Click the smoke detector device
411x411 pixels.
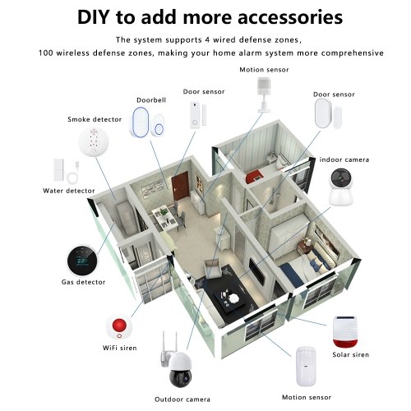94,141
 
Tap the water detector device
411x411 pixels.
66,171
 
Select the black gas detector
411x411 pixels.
82,261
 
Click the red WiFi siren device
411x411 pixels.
119,327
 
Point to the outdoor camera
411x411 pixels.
175,361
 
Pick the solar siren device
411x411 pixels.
345,331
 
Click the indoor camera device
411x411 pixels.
341,187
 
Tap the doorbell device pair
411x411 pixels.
148,122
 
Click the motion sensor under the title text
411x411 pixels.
265,95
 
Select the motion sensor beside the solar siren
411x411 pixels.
307,367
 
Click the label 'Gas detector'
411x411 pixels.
83,282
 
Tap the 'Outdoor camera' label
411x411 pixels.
182,399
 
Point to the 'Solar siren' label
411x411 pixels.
351,354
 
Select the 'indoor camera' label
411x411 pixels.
344,159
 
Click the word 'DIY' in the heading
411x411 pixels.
93,17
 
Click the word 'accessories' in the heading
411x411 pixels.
290,17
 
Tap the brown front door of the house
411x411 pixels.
180,186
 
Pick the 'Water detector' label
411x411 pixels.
69,191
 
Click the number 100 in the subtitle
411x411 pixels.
46,53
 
